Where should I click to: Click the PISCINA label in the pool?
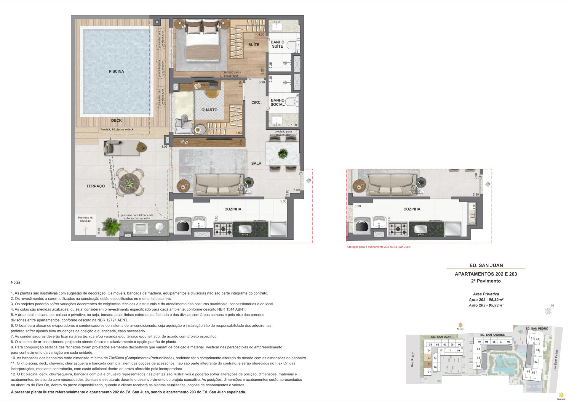coord(116,71)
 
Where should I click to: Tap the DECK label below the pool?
coord(116,120)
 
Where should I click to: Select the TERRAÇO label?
coord(95,186)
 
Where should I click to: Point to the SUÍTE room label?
coord(254,45)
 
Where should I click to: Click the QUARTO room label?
coord(209,110)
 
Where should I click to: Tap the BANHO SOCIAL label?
coord(277,102)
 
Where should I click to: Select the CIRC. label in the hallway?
coord(256,102)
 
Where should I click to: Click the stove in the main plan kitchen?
coord(223,229)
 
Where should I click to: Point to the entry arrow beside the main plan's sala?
coord(308,180)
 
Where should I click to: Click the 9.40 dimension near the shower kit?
coord(99,231)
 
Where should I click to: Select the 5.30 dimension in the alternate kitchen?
coord(357,206)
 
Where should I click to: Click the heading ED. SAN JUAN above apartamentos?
coord(486,265)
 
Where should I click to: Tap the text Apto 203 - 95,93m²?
coord(486,305)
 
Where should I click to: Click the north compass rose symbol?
coord(549,311)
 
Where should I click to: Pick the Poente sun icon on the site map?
coord(460,325)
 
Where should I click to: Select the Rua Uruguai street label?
coord(412,359)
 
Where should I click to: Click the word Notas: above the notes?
coord(16,283)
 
